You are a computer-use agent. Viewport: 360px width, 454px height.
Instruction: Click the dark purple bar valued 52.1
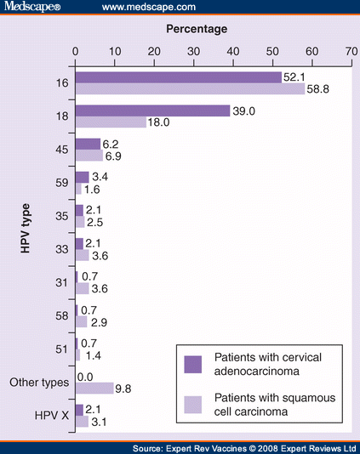pos(178,77)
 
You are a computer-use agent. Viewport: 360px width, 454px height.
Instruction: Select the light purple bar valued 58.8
pos(191,88)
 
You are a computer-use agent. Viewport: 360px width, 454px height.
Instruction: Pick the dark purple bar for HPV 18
pos(152,111)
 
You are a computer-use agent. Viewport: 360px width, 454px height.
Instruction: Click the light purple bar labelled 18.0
pos(111,122)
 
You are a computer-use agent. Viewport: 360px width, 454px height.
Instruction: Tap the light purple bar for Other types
pos(94,388)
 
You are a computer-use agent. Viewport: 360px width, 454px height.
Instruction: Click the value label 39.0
pos(245,111)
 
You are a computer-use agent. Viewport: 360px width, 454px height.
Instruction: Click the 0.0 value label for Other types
pos(86,376)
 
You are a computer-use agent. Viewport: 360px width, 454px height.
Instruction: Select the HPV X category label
pos(50,415)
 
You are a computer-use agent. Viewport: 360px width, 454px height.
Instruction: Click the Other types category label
pos(39,382)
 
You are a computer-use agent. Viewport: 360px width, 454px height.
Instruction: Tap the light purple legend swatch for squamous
pos(193,402)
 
